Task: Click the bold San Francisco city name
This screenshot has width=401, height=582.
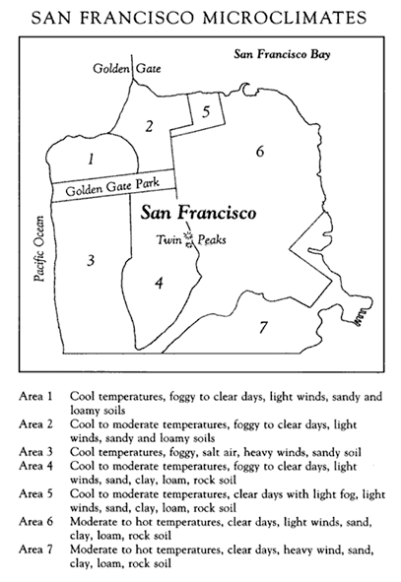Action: coord(198,213)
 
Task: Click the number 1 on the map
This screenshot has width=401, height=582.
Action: coord(91,158)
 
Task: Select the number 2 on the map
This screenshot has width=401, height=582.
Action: coord(148,125)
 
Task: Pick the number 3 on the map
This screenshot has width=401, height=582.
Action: coord(90,260)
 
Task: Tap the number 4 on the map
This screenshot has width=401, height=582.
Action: coord(158,284)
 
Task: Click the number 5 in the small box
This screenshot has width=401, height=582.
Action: coord(206,111)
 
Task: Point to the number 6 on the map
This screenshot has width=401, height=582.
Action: coord(259,152)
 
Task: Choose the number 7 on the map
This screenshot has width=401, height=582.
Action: coord(262,326)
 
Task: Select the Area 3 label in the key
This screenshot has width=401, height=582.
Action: coord(34,445)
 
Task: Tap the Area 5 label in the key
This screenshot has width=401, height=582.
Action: coord(34,496)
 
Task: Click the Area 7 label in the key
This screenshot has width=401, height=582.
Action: coord(34,548)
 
